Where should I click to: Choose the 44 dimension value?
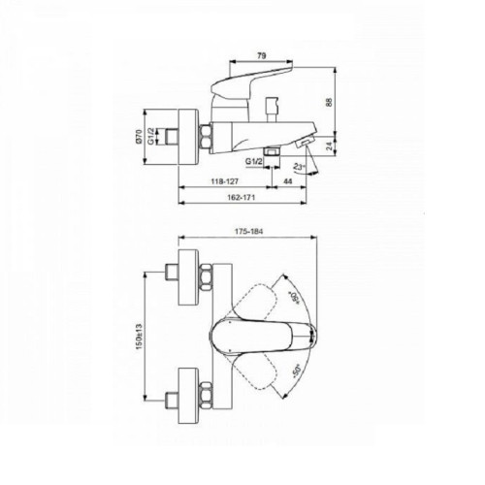click(290, 179)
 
